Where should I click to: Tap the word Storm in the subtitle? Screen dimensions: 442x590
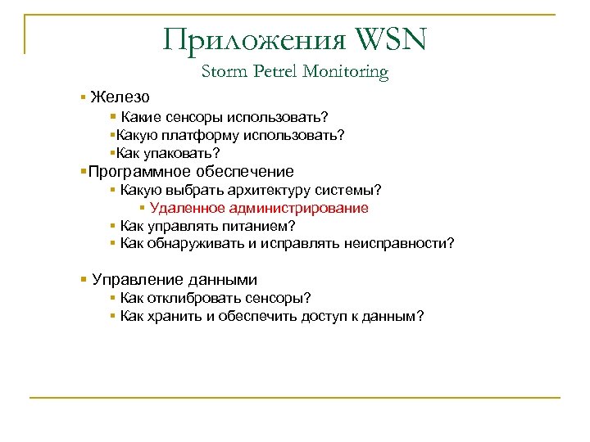[x=222, y=72]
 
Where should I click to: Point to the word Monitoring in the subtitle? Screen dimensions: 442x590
[x=345, y=72]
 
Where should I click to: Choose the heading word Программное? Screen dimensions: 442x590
[x=137, y=171]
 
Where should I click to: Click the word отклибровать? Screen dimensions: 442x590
[x=195, y=299]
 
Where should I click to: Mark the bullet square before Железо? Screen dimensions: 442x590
[x=84, y=97]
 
